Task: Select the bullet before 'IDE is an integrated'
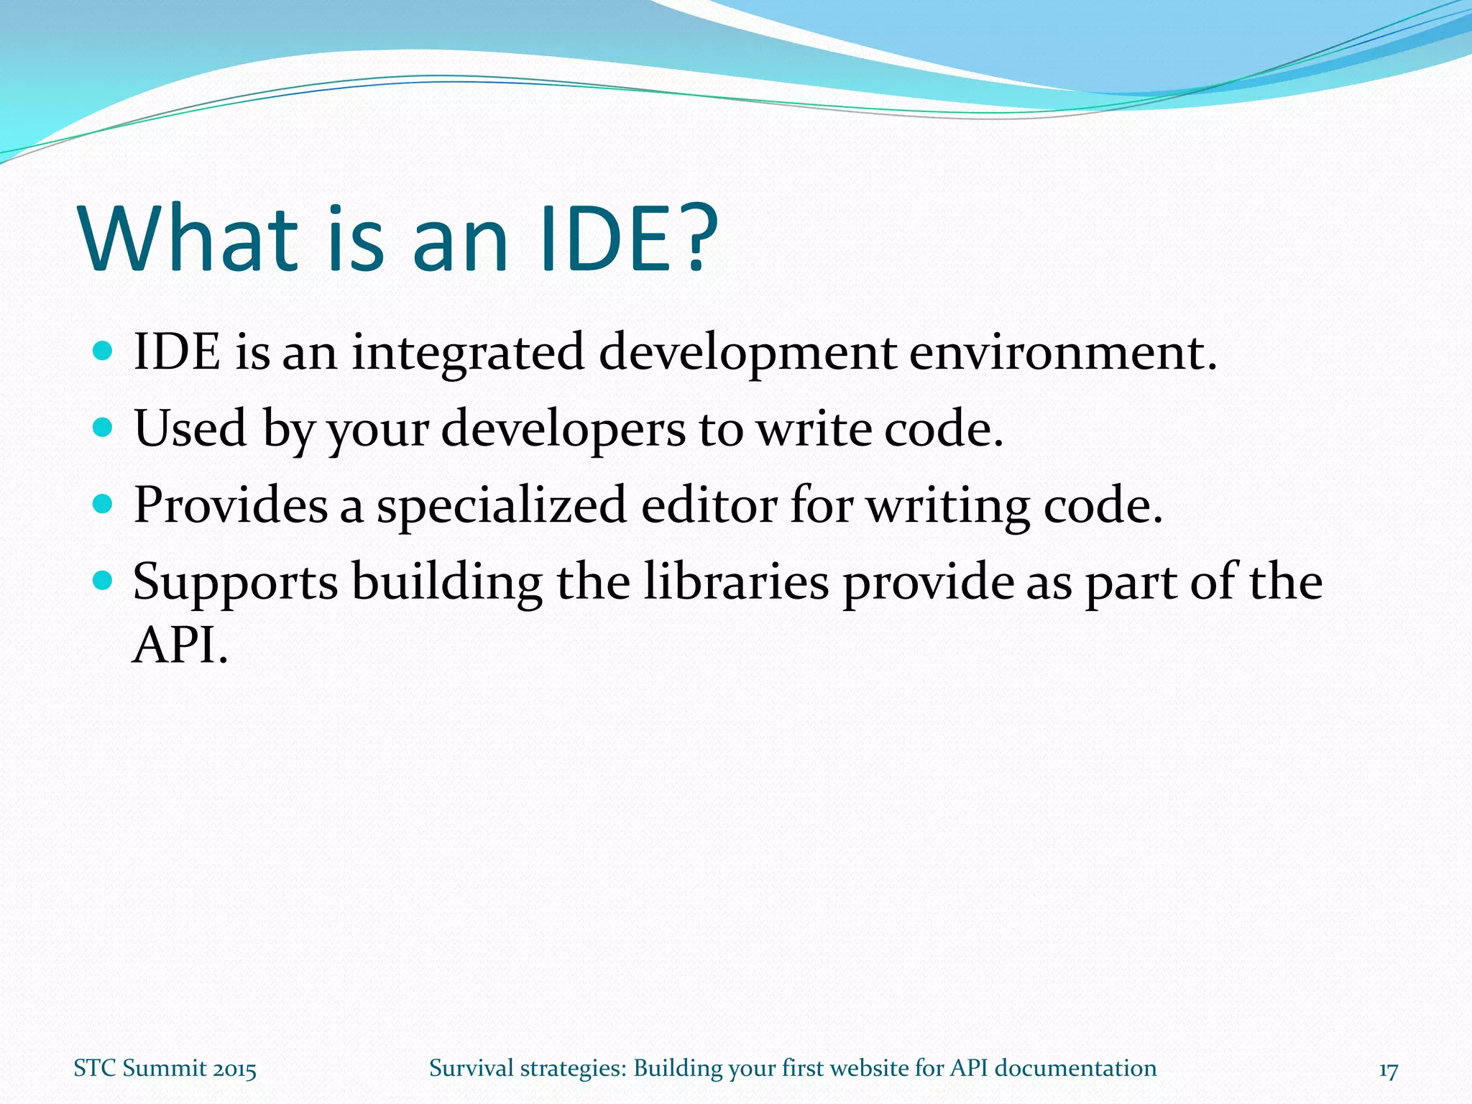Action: point(103,351)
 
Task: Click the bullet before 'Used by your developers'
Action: point(103,428)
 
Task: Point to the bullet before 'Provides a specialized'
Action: point(103,504)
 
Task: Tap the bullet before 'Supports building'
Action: point(103,580)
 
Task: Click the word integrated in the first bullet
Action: point(468,354)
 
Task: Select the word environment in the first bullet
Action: point(1062,354)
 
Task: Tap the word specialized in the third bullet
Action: point(502,507)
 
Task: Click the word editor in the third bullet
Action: point(709,505)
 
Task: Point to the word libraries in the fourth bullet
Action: point(736,581)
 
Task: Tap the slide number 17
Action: point(1388,1070)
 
